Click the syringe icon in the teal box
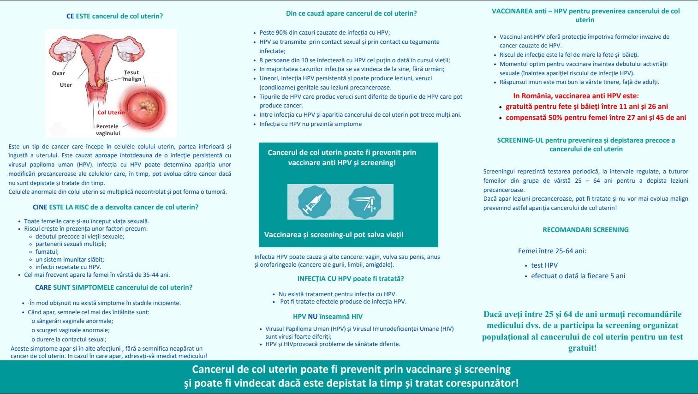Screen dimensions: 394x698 (314, 202)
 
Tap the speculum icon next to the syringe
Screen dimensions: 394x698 (364, 202)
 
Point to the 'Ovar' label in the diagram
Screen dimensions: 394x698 (59, 73)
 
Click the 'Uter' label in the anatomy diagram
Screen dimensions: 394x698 (66, 85)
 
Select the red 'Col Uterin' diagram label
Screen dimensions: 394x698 (111, 113)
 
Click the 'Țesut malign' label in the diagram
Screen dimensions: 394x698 (132, 76)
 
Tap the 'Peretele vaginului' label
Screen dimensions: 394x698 (107, 130)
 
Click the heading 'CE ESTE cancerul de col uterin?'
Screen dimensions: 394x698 (114, 16)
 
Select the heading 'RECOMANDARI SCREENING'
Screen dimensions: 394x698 (585, 230)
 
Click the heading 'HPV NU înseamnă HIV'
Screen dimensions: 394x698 (328, 316)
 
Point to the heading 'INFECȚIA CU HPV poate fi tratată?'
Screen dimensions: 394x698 (350, 279)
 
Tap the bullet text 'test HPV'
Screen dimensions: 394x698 (544, 265)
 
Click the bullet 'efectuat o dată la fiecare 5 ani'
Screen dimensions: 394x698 (578, 276)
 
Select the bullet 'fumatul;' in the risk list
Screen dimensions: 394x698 (47, 252)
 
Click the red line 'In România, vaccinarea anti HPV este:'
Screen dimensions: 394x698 (576, 96)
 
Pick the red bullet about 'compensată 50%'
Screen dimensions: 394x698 (596, 118)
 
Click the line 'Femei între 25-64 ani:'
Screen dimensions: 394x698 (552, 251)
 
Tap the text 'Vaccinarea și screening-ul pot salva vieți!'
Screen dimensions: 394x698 (334, 235)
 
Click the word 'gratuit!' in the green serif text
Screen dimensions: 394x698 (582, 348)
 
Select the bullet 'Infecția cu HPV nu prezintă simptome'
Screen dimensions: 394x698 (310, 124)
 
